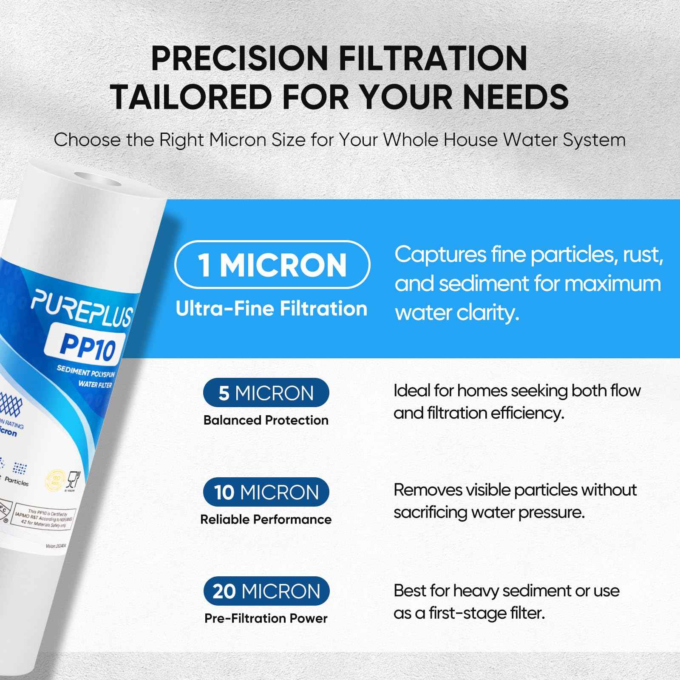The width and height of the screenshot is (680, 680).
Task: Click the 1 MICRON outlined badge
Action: click(x=272, y=265)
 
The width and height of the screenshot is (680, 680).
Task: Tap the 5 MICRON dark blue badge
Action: click(x=266, y=393)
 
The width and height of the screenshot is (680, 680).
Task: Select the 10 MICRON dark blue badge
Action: click(x=266, y=492)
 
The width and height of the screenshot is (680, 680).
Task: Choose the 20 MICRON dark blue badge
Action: click(x=266, y=591)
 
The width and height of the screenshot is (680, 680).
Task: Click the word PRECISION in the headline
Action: click(x=238, y=58)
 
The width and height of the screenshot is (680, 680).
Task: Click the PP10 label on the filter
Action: click(x=88, y=346)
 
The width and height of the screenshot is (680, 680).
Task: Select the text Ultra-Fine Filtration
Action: click(x=271, y=309)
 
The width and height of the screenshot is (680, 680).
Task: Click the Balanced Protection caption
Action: click(x=266, y=420)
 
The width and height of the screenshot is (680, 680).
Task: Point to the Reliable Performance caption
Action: click(x=266, y=519)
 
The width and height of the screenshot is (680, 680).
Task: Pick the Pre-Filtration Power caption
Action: click(x=266, y=618)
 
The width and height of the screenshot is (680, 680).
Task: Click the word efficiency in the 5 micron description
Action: click(x=527, y=413)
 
